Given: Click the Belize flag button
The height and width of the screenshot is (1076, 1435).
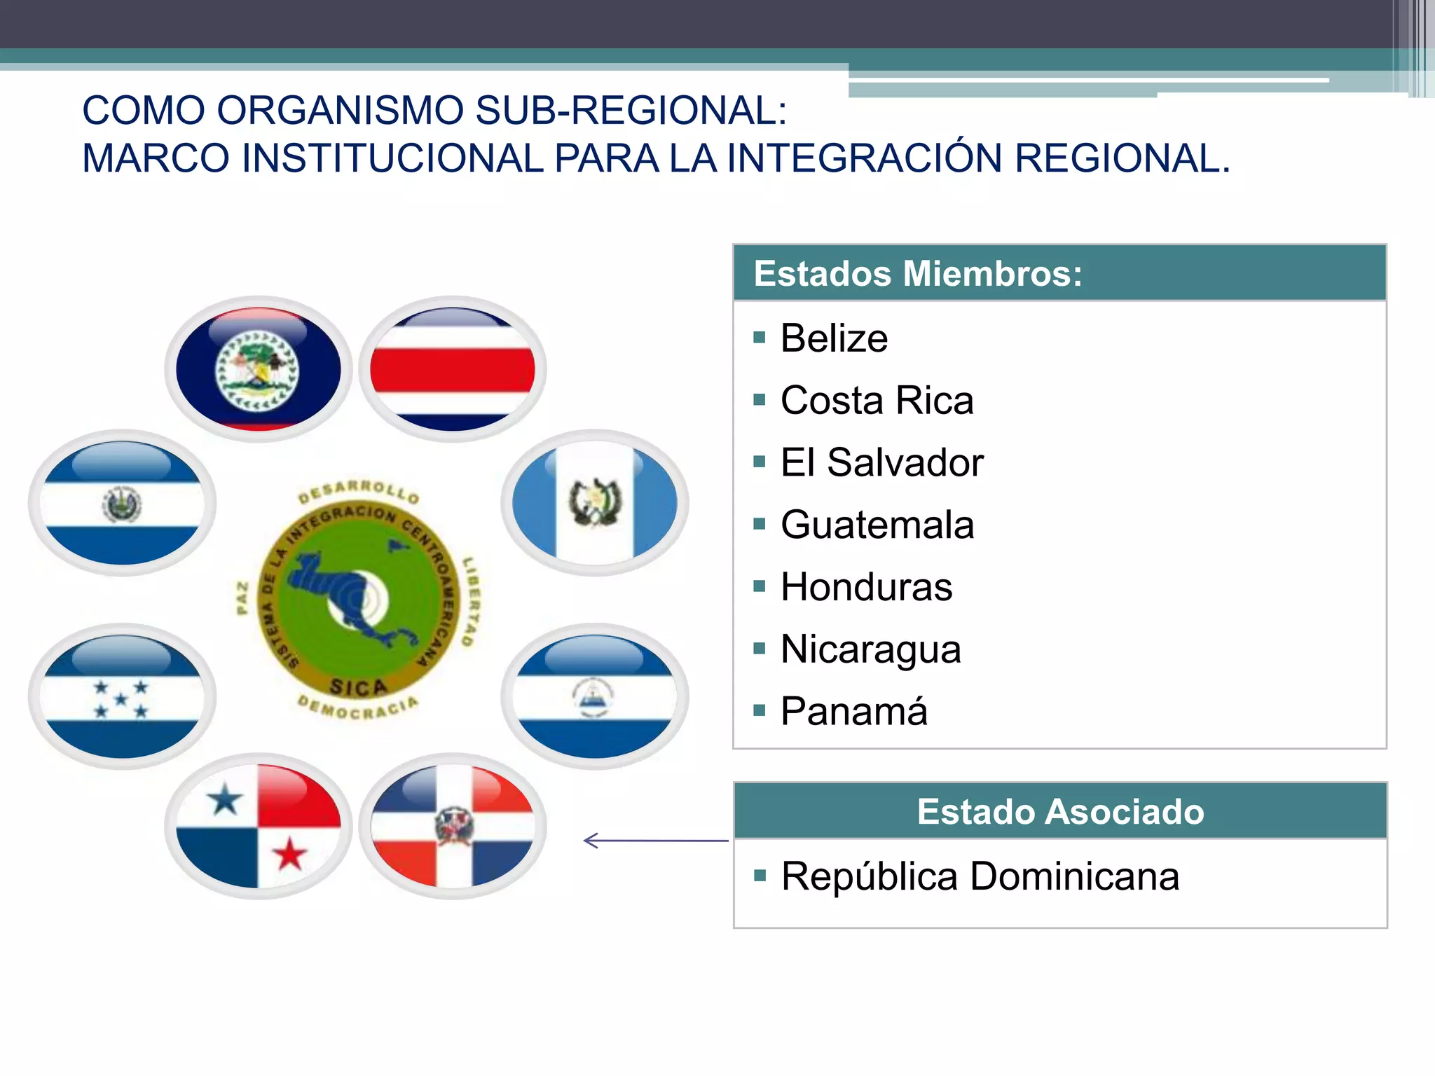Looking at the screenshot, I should (x=259, y=368).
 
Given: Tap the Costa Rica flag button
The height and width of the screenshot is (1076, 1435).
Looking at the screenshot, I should (x=453, y=368).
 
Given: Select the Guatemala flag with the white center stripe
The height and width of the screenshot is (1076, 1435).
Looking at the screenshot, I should (x=595, y=502).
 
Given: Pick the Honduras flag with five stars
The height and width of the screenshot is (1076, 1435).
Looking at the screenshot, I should (x=122, y=696).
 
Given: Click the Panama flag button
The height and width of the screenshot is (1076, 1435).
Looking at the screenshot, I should (x=259, y=826).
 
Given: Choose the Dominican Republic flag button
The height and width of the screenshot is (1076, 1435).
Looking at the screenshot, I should (x=453, y=826).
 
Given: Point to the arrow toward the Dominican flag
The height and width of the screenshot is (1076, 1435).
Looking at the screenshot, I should (x=655, y=840).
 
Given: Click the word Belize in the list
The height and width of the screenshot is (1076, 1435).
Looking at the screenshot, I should (x=834, y=338).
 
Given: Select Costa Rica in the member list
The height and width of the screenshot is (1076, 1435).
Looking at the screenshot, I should (x=877, y=401).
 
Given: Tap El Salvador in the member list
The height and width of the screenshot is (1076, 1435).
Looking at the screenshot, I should (x=881, y=463).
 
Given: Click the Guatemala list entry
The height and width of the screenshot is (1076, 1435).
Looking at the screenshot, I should (x=877, y=525).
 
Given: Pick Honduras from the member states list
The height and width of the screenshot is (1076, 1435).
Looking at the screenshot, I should (x=866, y=587).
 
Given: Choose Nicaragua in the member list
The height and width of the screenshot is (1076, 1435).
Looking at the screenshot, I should (x=870, y=649).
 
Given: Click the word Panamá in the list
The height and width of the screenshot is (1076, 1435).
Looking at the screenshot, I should (x=853, y=712).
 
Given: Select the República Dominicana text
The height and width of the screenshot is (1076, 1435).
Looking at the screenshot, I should (x=980, y=876).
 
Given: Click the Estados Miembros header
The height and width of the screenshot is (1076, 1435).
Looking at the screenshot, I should (x=918, y=273).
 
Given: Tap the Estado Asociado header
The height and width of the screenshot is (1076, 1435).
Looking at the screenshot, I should (x=1060, y=811).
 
